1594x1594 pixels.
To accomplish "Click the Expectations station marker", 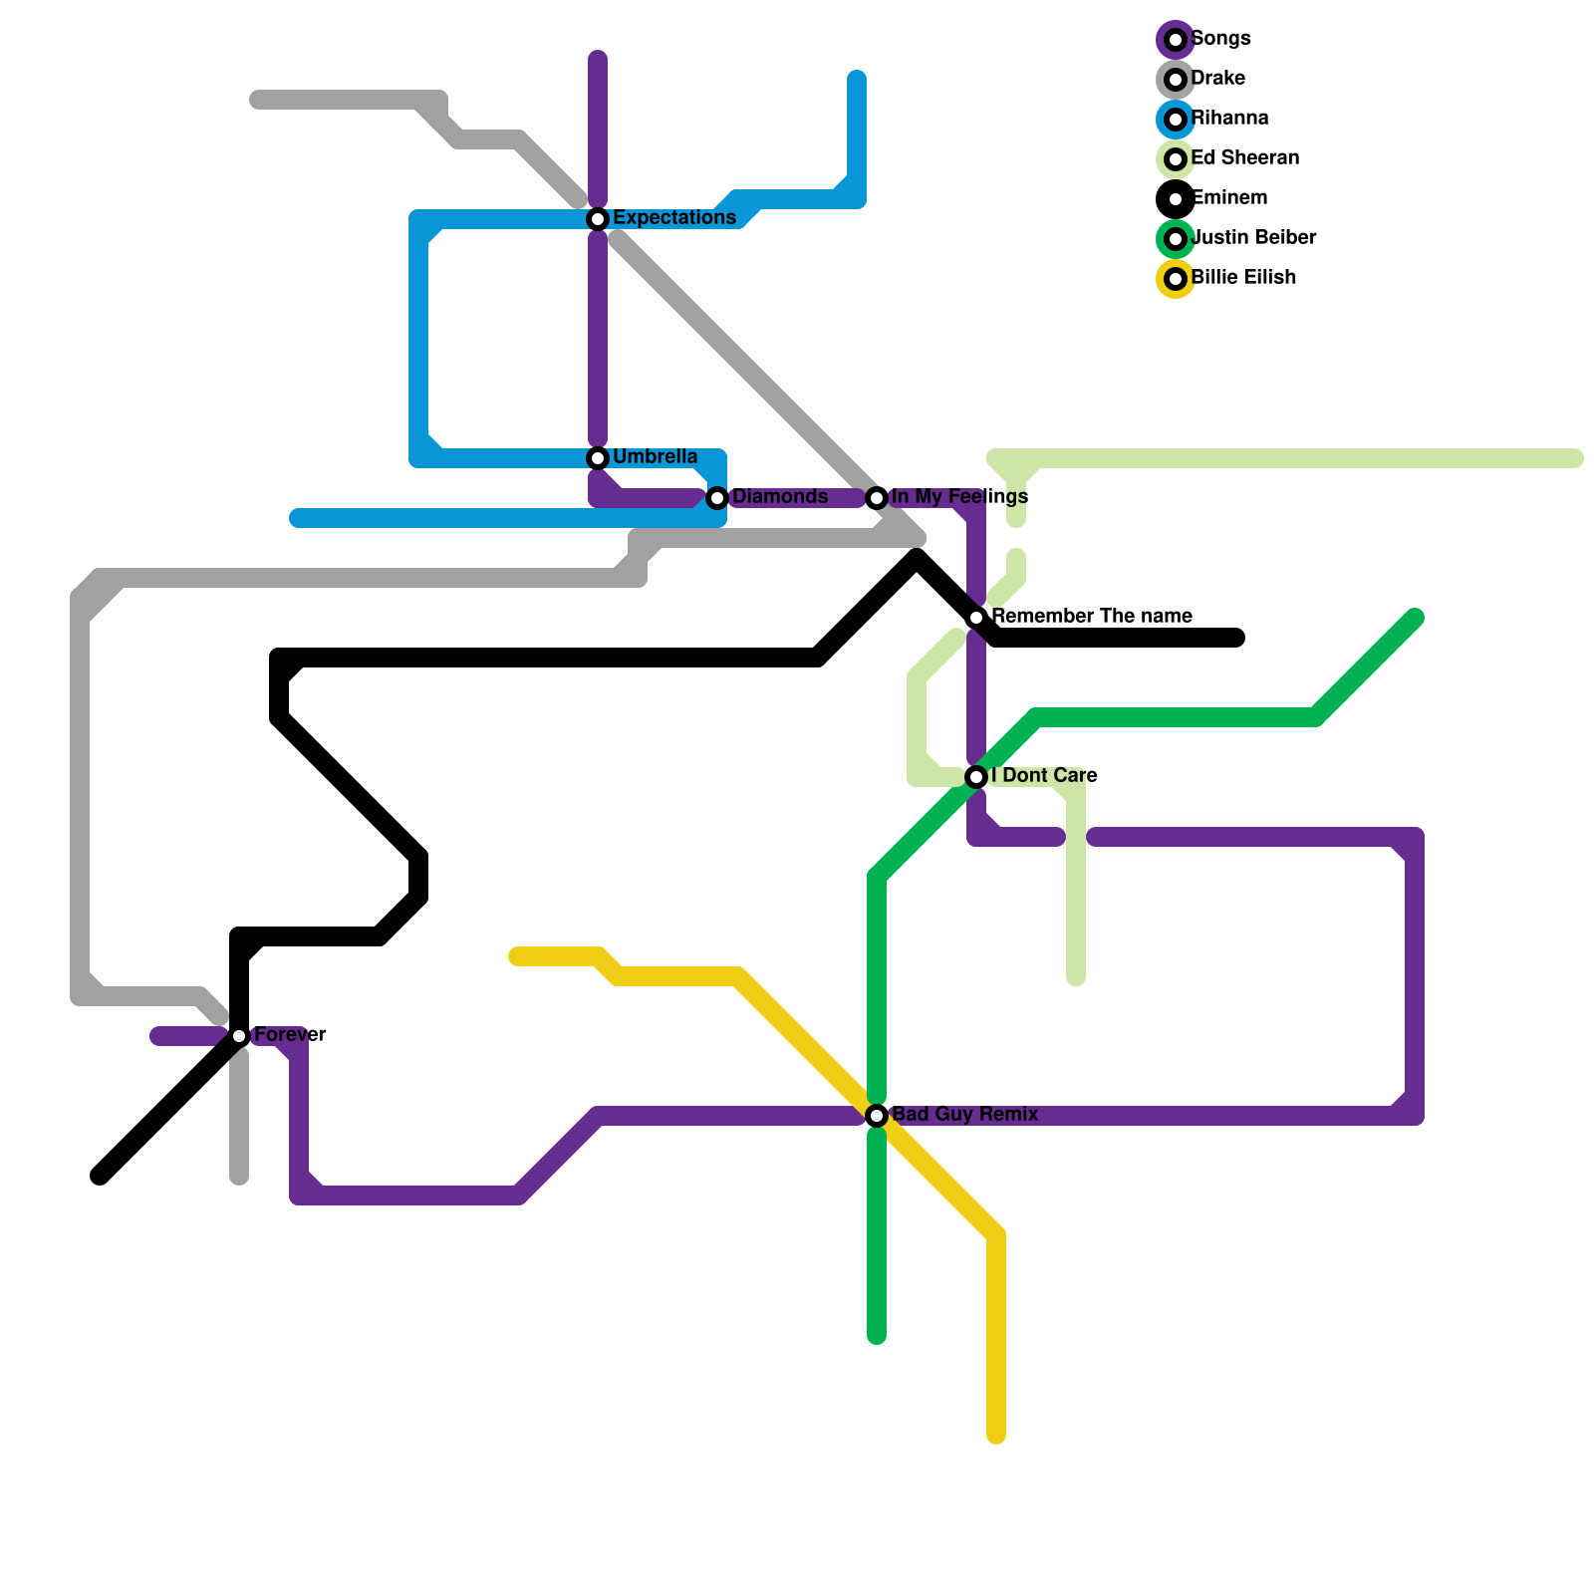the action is [598, 219].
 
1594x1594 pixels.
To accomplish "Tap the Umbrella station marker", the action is [598, 458].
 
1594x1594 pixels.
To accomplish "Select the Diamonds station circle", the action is [717, 498].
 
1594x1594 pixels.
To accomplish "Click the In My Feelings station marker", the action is [877, 498].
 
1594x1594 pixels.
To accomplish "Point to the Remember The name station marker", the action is [976, 618].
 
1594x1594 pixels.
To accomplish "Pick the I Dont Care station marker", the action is [976, 777].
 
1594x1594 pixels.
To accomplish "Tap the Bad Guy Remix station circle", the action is [877, 1116].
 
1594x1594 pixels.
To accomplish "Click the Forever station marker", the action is [239, 1036].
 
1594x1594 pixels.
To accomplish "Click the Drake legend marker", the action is [1176, 80].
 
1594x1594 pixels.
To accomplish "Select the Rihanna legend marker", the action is [1176, 120].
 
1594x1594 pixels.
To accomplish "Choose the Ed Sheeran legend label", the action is [1244, 158].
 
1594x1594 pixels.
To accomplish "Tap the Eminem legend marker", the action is [1176, 199].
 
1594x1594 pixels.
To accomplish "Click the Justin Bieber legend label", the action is [1253, 238].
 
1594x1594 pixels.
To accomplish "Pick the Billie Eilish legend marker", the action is [1176, 279].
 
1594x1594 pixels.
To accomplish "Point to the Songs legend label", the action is [1220, 39].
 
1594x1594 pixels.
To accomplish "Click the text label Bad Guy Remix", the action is [964, 1115].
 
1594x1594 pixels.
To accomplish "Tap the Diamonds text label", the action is [780, 497].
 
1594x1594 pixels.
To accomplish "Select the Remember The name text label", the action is [1092, 617].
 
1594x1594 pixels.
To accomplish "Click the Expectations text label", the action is [674, 218].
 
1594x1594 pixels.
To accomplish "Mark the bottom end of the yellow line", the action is [996, 1436].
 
